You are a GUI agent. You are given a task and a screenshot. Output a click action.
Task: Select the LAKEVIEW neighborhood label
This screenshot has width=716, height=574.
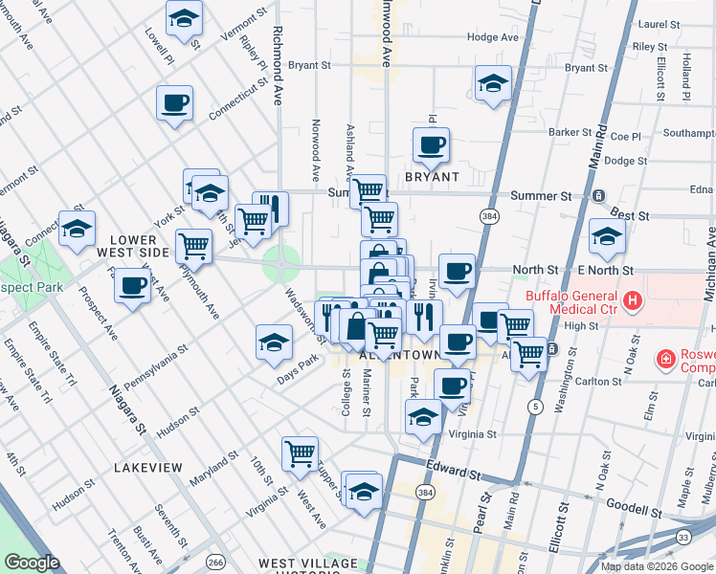pyautogui.click(x=147, y=467)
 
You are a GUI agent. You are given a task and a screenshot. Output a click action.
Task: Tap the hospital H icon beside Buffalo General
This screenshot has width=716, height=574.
pyautogui.click(x=632, y=302)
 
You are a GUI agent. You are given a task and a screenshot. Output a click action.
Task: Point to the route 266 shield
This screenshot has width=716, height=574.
pyautogui.click(x=217, y=562)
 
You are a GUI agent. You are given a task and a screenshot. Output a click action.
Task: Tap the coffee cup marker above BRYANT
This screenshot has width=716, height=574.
pyautogui.click(x=431, y=145)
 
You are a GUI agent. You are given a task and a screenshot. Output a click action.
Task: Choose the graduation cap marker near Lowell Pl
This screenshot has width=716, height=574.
pyautogui.click(x=184, y=18)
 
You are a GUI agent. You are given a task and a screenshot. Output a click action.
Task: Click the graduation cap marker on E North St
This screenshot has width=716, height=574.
pyautogui.click(x=607, y=237)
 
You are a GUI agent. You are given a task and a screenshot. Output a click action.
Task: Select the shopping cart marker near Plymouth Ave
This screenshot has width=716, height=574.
pyautogui.click(x=193, y=246)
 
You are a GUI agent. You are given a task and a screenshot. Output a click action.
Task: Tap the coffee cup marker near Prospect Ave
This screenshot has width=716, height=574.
pyautogui.click(x=132, y=285)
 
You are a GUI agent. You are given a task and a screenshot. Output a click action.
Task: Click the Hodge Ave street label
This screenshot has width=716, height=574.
pyautogui.click(x=493, y=37)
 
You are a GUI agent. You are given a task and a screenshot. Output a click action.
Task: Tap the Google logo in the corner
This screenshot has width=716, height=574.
pyautogui.click(x=32, y=563)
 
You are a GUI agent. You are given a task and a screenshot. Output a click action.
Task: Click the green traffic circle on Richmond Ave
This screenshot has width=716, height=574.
pyautogui.click(x=281, y=260)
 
